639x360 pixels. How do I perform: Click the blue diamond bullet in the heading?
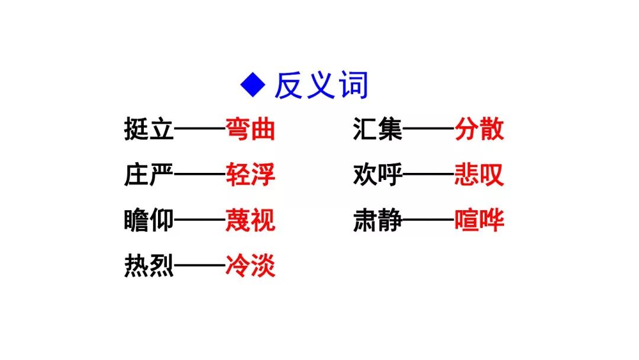tap(253, 85)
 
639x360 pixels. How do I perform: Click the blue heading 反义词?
tap(321, 85)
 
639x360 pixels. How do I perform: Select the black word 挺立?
tap(149, 129)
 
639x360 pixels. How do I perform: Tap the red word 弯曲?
tap(250, 129)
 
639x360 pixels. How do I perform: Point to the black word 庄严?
tap(149, 175)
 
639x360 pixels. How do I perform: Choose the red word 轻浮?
tap(250, 175)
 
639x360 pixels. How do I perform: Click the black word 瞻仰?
tap(149, 221)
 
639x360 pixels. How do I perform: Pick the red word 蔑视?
tap(250, 221)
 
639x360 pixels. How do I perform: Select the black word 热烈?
tap(149, 266)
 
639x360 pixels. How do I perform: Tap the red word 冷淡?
tap(250, 266)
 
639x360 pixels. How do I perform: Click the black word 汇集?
tap(377, 129)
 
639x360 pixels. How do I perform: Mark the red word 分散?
tap(479, 129)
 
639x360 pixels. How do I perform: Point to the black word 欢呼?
tap(377, 175)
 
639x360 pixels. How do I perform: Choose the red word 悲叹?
tap(479, 175)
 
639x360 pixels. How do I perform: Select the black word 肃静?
tap(377, 221)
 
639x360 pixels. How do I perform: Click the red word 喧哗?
tap(479, 221)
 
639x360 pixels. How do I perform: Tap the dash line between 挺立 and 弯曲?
tap(200, 129)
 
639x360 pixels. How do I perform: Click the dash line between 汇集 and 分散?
tap(429, 129)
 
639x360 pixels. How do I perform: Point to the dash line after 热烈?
tap(200, 265)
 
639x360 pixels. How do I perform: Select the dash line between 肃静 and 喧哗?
tap(429, 220)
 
